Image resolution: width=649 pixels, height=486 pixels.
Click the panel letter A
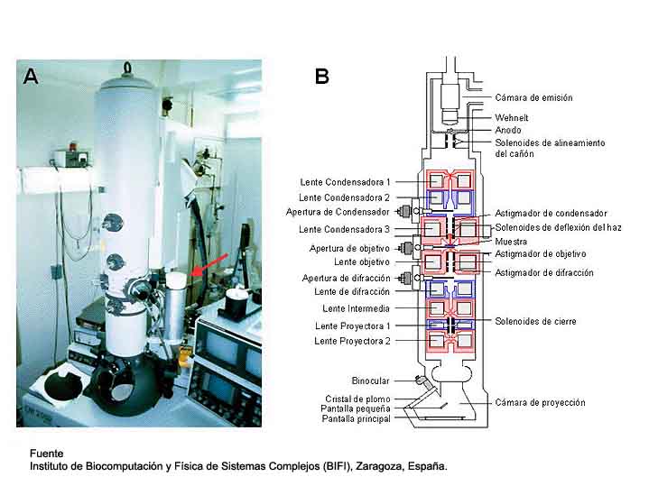31,77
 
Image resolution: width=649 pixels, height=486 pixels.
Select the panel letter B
321,77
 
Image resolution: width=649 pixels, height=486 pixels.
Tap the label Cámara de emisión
533,97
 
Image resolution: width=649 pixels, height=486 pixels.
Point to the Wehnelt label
513,117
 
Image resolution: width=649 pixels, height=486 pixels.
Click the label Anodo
508,130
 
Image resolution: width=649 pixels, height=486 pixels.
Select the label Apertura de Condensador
345,213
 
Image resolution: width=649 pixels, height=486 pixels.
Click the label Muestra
511,242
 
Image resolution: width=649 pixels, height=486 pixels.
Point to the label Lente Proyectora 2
353,341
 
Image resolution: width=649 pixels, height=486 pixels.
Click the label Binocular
370,381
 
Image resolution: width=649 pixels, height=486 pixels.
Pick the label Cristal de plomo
357,399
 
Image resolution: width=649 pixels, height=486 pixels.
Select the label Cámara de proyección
540,402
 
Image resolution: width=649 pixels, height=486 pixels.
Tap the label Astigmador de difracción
544,272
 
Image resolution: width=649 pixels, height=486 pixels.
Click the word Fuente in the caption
47,453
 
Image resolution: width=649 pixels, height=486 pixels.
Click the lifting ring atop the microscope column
127,67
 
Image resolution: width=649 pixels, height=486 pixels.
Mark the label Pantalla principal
356,419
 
